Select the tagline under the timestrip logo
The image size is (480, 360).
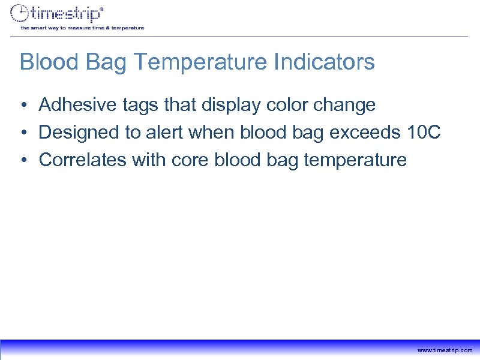tap(82, 28)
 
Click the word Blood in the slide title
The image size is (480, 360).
tap(44, 62)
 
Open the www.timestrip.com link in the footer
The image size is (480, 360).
tap(445, 350)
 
